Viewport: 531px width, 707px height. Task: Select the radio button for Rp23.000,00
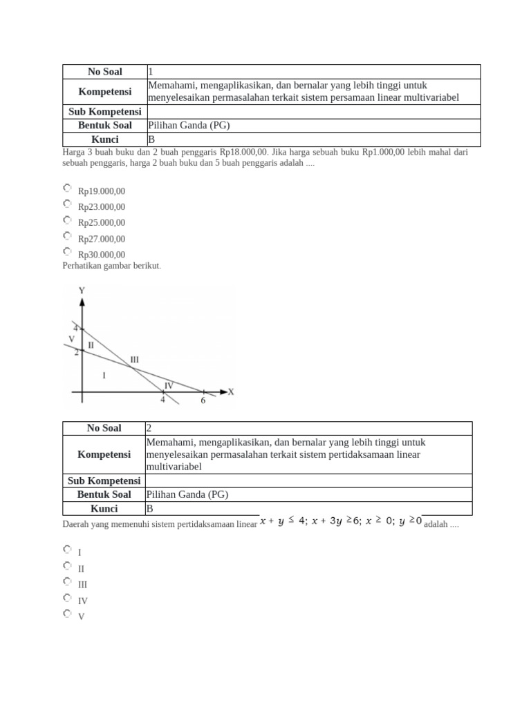pyautogui.click(x=67, y=204)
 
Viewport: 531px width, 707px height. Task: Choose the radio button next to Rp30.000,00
pyautogui.click(x=67, y=252)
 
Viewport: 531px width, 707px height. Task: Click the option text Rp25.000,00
pyautogui.click(x=102, y=223)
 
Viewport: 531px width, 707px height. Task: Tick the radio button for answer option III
pyautogui.click(x=67, y=581)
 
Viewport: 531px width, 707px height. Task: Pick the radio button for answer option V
pyautogui.click(x=67, y=613)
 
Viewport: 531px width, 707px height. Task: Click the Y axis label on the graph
pyautogui.click(x=82, y=291)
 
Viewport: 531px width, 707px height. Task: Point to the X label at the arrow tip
pyautogui.click(x=231, y=391)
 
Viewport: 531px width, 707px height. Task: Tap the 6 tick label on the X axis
pyautogui.click(x=203, y=400)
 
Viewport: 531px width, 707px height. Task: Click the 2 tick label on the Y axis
pyautogui.click(x=77, y=352)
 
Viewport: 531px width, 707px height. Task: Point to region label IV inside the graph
pyautogui.click(x=168, y=385)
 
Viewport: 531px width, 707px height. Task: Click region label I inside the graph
pyautogui.click(x=104, y=375)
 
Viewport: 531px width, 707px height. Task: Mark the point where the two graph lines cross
pyautogui.click(x=131, y=367)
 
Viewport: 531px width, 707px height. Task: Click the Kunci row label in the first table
pyautogui.click(x=104, y=139)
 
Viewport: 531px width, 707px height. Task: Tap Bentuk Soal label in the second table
pyautogui.click(x=104, y=494)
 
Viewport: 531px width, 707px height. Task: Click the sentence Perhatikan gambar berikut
pyautogui.click(x=111, y=266)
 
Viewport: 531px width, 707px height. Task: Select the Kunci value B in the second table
pyautogui.click(x=150, y=509)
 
